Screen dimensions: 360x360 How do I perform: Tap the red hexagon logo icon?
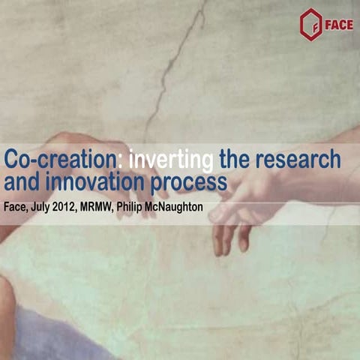click(309, 23)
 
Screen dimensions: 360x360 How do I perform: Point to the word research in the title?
click(298, 160)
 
